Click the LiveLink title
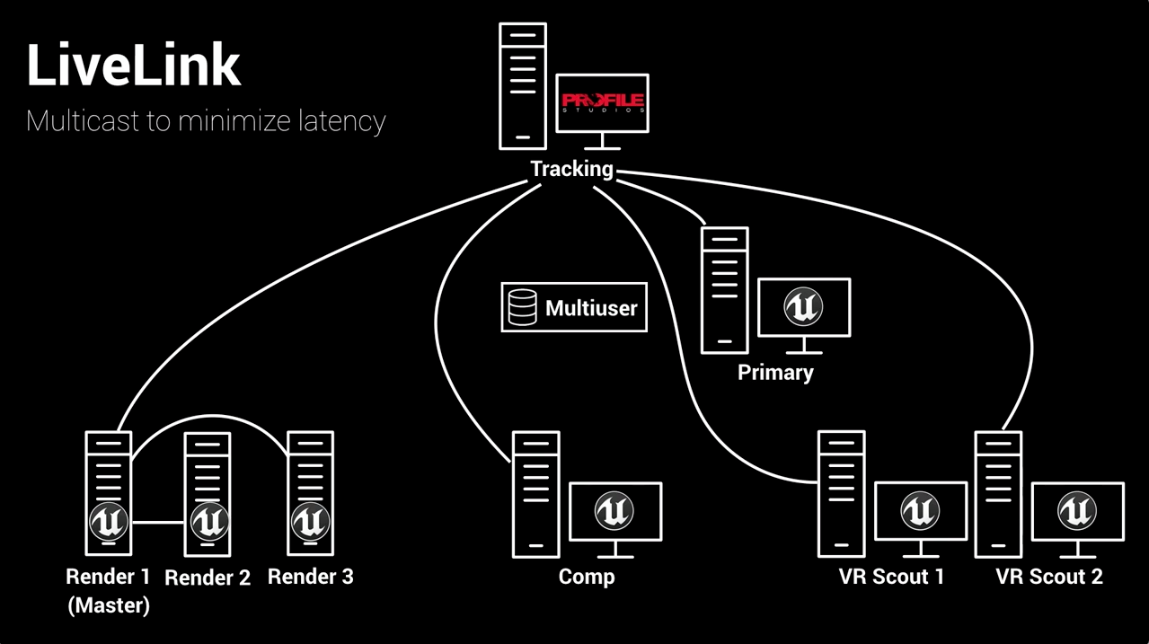tap(133, 66)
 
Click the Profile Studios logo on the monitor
tap(602, 101)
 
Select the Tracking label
tap(571, 169)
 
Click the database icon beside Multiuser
tap(522, 308)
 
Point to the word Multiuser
tap(591, 309)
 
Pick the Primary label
tap(775, 372)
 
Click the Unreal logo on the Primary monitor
tap(803, 308)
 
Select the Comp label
tap(587, 576)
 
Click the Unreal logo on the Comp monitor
tap(614, 511)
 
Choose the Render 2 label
tap(208, 578)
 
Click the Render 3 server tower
tap(310, 493)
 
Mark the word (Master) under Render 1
tap(109, 605)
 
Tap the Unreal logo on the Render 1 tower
tap(109, 521)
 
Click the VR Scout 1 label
tap(891, 576)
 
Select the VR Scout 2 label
tap(1048, 576)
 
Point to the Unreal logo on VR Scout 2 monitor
tap(1076, 511)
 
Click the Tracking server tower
tap(523, 86)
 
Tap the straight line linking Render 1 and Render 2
tap(158, 522)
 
